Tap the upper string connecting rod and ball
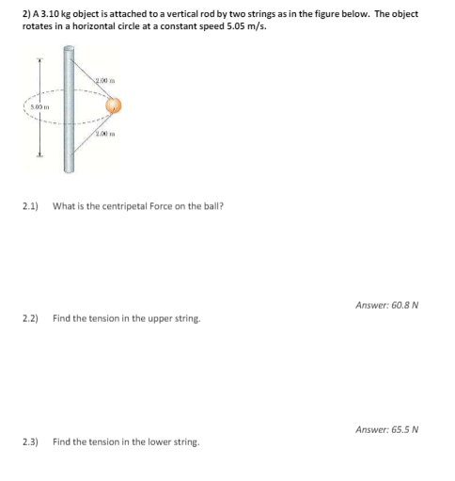click(x=91, y=88)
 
